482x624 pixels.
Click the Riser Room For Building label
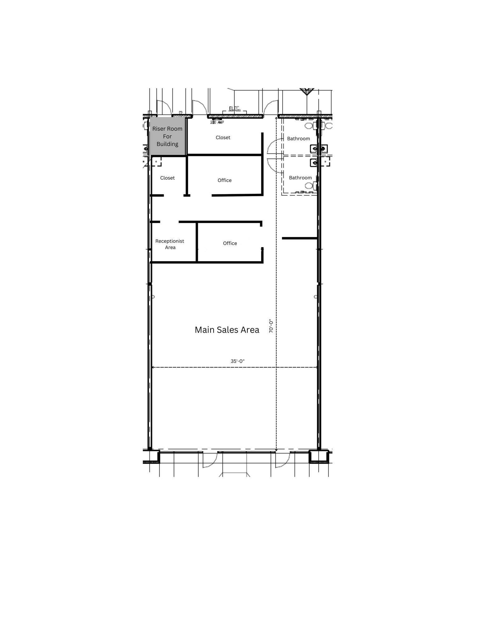pos(167,136)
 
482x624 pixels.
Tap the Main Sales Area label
pos(227,330)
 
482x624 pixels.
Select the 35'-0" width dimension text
pos(238,361)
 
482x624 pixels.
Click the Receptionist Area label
pos(170,244)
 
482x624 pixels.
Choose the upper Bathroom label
pos(299,139)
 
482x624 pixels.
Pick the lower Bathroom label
pos(300,178)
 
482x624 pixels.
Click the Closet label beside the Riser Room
pos(223,137)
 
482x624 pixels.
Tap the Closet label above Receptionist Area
pos(168,178)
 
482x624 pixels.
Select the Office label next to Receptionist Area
pos(230,243)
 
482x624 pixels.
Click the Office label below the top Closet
pos(225,180)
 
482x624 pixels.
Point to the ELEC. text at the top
pos(235,108)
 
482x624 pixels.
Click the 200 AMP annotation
pos(217,123)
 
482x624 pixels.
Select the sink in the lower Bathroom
pos(314,163)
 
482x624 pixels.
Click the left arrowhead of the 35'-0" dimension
pos(153,368)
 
